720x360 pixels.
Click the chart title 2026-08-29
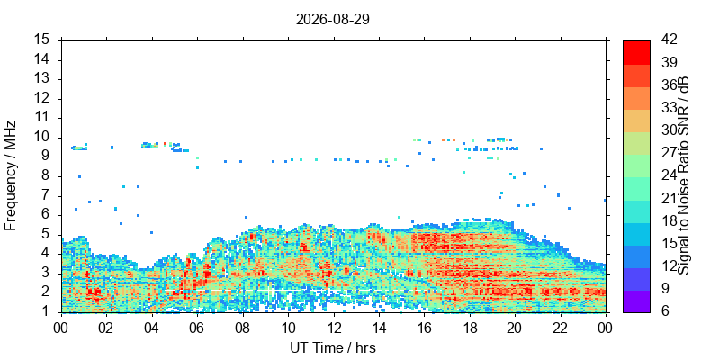click(333, 20)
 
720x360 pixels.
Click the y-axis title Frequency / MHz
click(10, 175)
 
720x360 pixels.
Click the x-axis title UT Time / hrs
click(333, 347)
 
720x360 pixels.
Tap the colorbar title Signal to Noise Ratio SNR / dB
click(684, 175)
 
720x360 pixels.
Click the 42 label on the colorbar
click(669, 40)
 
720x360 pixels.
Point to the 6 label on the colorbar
click(666, 311)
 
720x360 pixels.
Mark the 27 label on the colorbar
click(669, 153)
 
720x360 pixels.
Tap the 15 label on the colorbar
click(669, 243)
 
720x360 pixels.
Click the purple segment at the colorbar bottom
click(636, 301)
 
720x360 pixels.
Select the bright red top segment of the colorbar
click(636, 52)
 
